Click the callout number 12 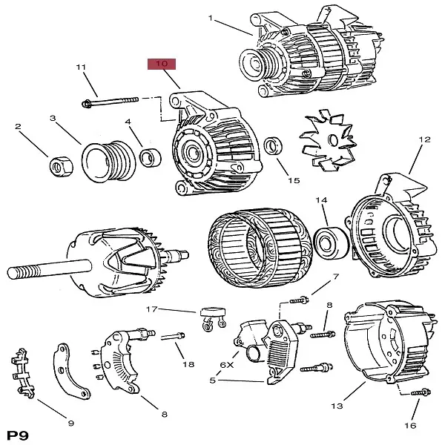(x=424, y=139)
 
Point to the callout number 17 (x=152, y=309)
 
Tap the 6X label (x=226, y=364)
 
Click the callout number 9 (x=71, y=423)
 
